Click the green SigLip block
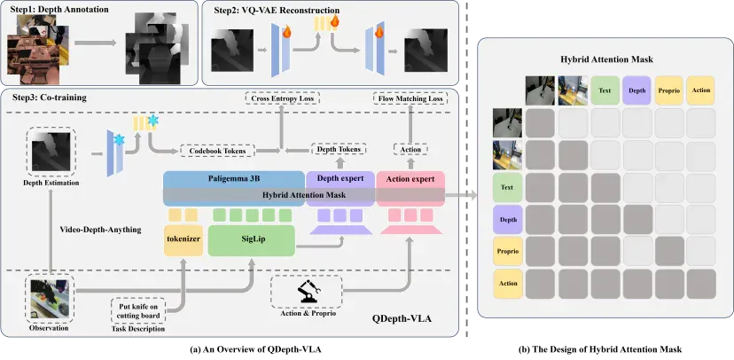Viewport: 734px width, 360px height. point(252,240)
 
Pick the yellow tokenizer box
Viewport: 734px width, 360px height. point(183,240)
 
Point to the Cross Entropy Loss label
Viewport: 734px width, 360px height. point(282,98)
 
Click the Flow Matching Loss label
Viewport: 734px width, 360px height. point(410,98)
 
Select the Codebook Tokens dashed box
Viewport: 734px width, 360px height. point(218,152)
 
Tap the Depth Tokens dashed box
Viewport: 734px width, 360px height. point(339,149)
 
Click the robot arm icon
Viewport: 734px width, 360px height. point(308,292)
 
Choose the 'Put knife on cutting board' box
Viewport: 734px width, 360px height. point(139,310)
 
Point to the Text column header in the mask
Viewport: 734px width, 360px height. point(605,90)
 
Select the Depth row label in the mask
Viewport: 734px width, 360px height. point(508,220)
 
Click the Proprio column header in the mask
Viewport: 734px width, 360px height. point(669,90)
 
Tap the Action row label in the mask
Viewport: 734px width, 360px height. point(508,283)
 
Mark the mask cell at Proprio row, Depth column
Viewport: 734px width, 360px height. point(637,252)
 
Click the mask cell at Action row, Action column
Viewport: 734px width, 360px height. point(701,283)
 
